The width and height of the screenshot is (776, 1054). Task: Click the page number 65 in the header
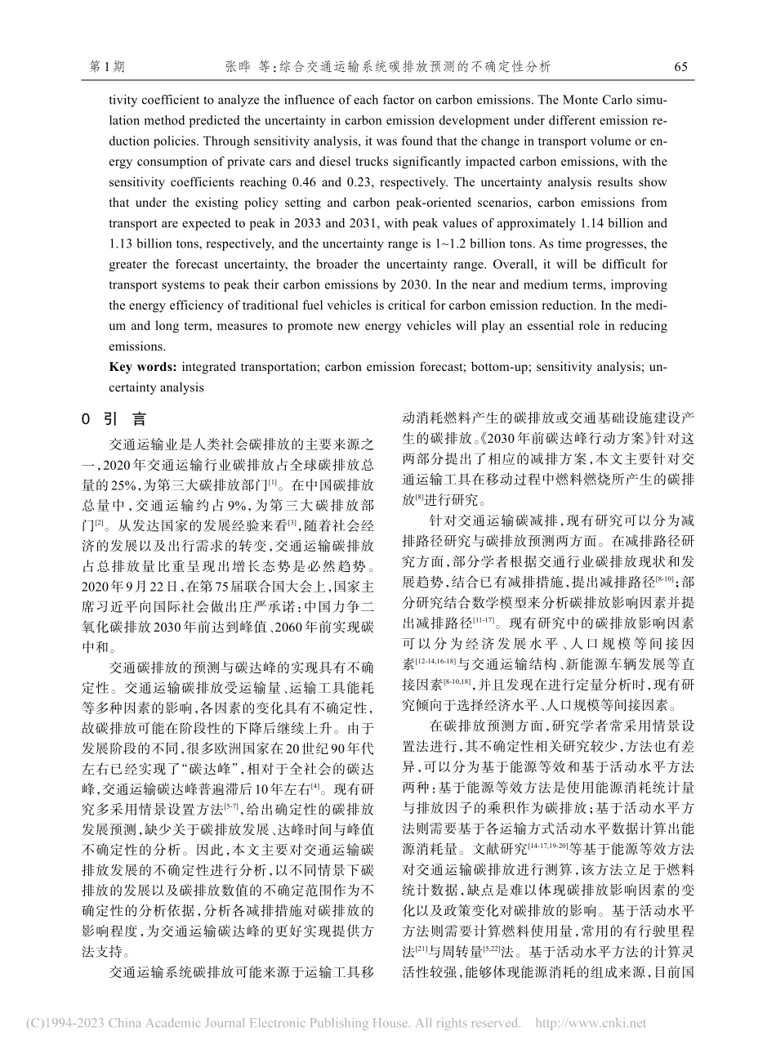682,66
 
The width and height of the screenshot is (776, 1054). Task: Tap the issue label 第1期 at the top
105,66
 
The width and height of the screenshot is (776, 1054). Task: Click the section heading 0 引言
115,419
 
